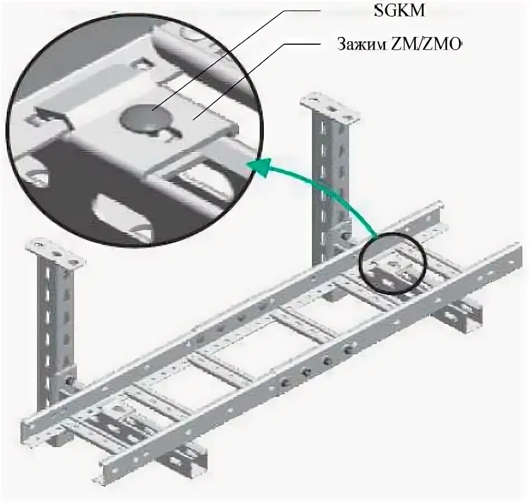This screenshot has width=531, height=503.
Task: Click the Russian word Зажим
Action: click(x=358, y=45)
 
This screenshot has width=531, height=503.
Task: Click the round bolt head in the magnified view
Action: click(x=139, y=118)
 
